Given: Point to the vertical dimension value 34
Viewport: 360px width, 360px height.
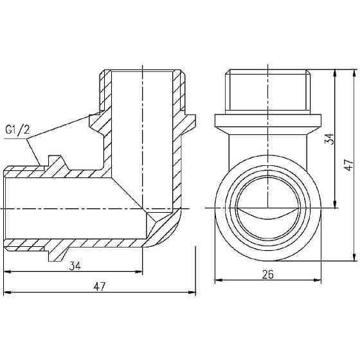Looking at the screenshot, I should [329, 139].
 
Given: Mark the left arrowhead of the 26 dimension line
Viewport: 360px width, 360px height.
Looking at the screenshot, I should [217, 280].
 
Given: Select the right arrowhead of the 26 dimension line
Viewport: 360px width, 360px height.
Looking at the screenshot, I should [318, 280].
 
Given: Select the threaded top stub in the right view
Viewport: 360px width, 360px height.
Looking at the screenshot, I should [268, 91].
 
